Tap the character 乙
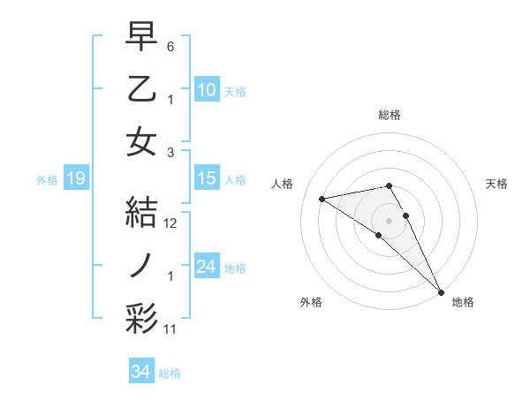[x=141, y=88]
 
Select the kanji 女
[x=141, y=141]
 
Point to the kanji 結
[x=141, y=212]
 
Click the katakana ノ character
[x=141, y=265]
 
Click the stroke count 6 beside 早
[x=170, y=45]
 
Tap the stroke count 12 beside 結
[x=171, y=223]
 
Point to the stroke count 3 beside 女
[x=170, y=151]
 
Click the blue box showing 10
[x=207, y=89]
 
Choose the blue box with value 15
[x=207, y=178]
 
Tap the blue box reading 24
[x=207, y=267]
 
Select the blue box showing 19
[x=75, y=179]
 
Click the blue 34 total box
[x=141, y=372]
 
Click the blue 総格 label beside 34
[x=170, y=373]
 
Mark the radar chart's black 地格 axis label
[x=463, y=302]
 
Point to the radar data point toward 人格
[x=322, y=198]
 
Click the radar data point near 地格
[x=440, y=290]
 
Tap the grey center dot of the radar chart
[x=390, y=220]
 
